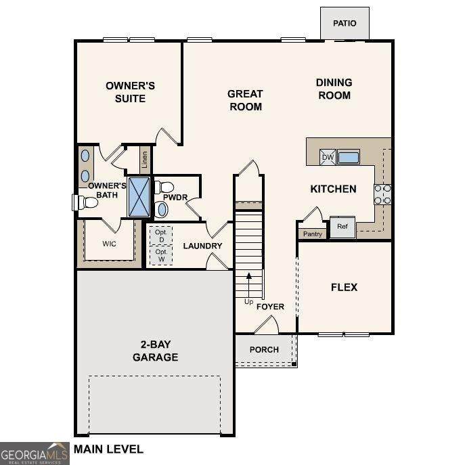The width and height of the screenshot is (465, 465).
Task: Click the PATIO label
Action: tap(345, 23)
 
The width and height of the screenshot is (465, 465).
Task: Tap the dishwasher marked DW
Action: tap(328, 157)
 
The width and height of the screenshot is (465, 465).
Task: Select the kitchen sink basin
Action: tap(349, 157)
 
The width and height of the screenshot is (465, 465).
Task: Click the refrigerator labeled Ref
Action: tap(342, 227)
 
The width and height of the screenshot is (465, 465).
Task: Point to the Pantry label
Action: tap(313, 234)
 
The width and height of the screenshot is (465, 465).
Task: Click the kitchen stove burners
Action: tap(382, 194)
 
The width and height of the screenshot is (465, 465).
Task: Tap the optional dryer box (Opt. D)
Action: tap(161, 236)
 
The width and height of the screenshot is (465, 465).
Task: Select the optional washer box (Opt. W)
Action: tap(161, 255)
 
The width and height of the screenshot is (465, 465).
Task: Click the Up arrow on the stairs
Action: tap(249, 285)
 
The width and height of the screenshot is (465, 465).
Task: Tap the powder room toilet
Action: tap(164, 187)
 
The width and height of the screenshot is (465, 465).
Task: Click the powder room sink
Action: tap(162, 209)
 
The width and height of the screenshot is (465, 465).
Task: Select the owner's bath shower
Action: tap(139, 197)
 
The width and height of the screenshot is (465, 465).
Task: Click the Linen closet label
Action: tap(145, 160)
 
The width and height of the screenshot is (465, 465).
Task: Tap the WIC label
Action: tap(109, 244)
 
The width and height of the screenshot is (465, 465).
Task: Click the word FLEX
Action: tap(345, 287)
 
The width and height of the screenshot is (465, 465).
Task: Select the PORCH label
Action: tap(264, 350)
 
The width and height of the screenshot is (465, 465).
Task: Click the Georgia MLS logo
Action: tap(35, 453)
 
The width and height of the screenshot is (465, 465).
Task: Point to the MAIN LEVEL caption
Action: tap(108, 449)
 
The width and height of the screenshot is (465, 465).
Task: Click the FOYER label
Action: tap(270, 307)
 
